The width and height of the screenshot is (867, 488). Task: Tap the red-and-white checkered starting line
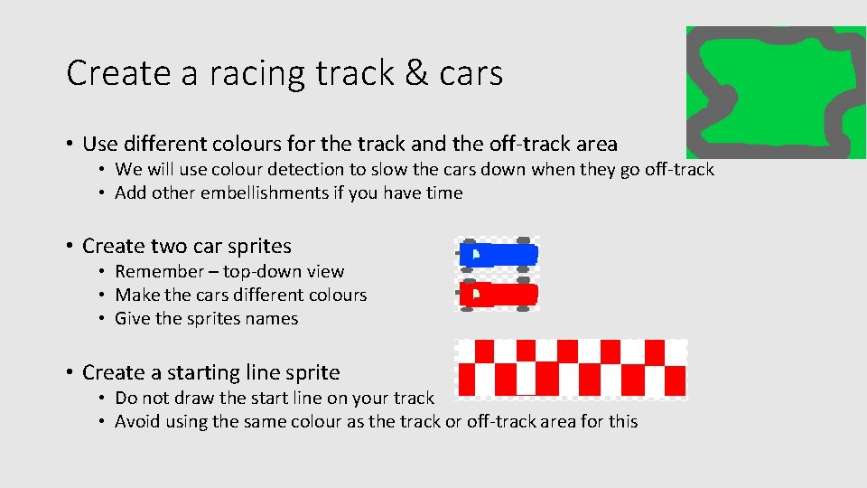tap(571, 368)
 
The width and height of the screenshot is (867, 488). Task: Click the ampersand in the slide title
tap(417, 73)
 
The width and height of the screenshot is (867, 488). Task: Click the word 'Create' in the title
tap(120, 73)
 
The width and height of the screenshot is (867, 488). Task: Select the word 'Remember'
tap(159, 271)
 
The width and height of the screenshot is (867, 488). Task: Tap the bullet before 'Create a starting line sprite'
tap(69, 372)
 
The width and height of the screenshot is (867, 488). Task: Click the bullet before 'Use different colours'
tap(69, 144)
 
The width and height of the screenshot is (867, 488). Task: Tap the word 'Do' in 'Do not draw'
tap(126, 398)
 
